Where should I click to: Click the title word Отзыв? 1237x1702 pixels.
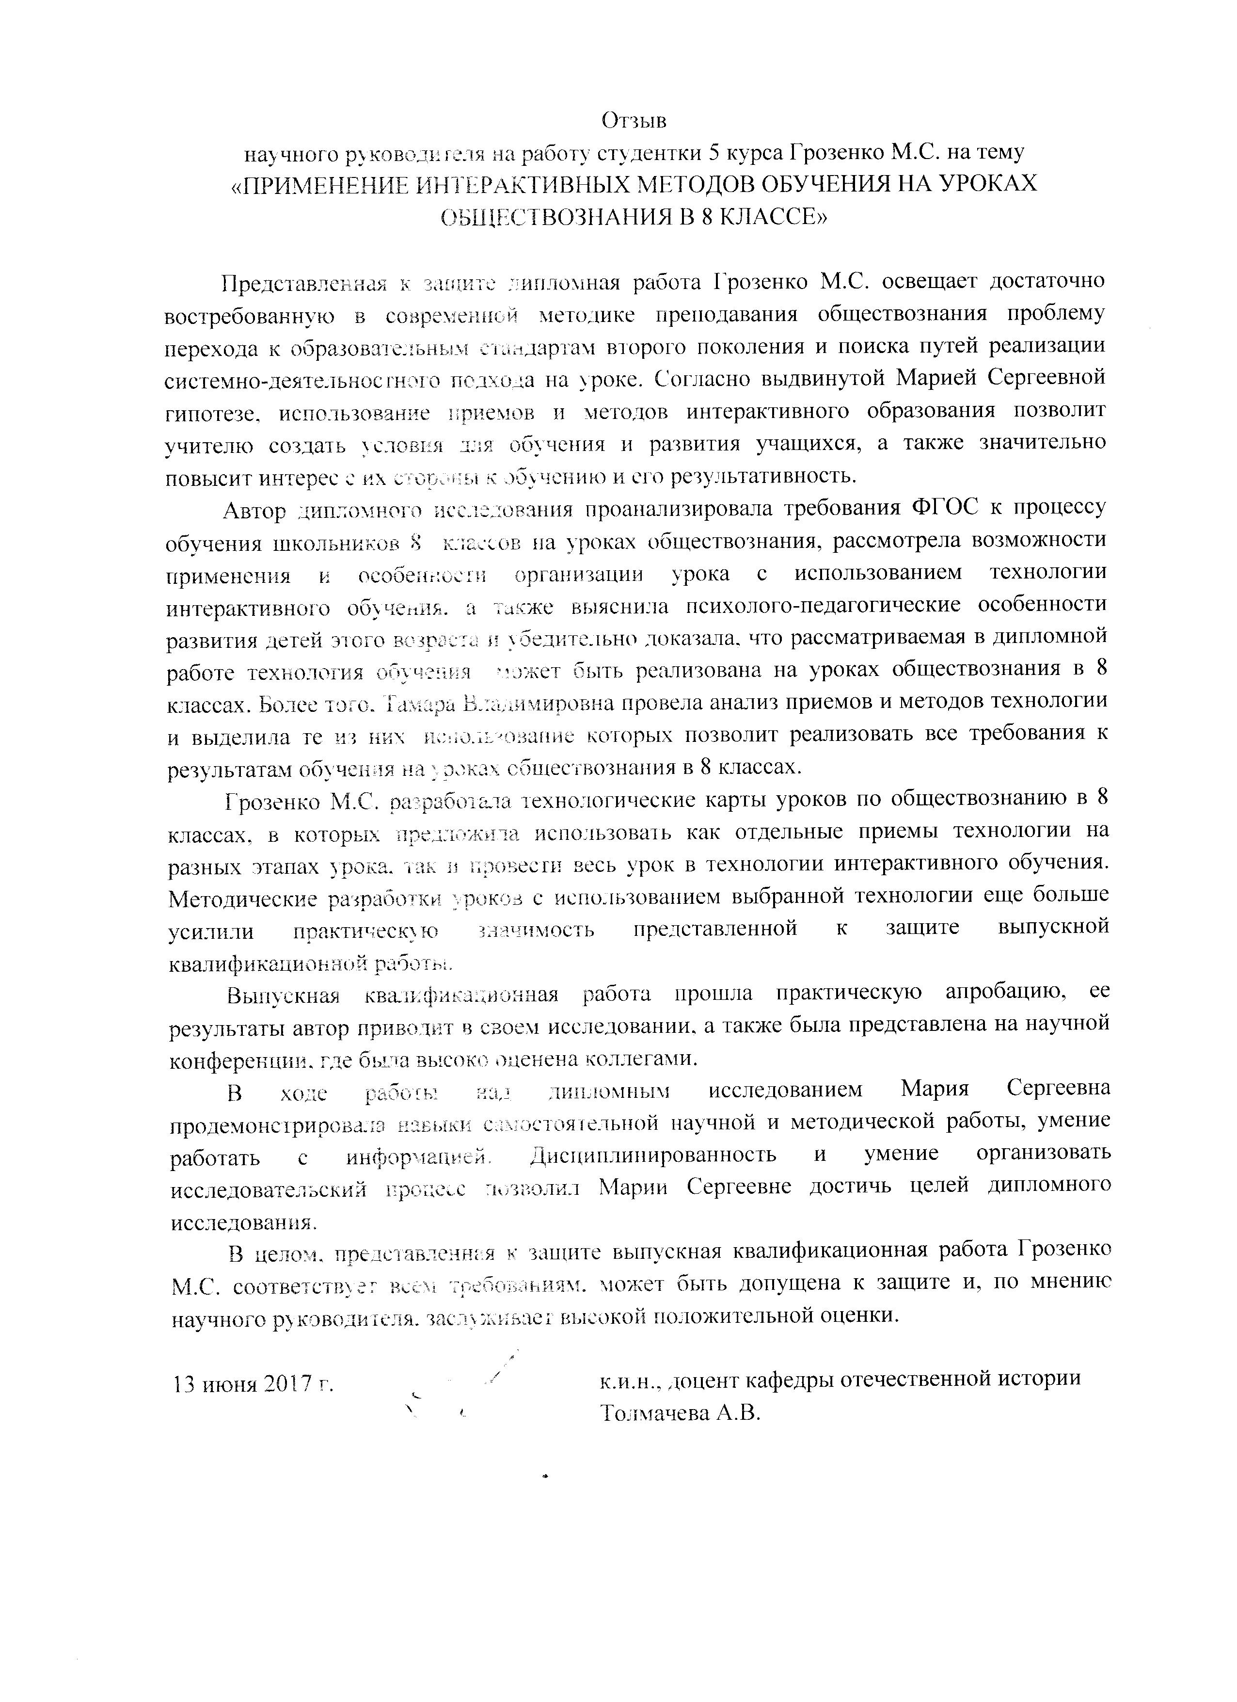[x=634, y=120]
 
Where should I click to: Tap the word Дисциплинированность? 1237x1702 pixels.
[x=652, y=1154]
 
